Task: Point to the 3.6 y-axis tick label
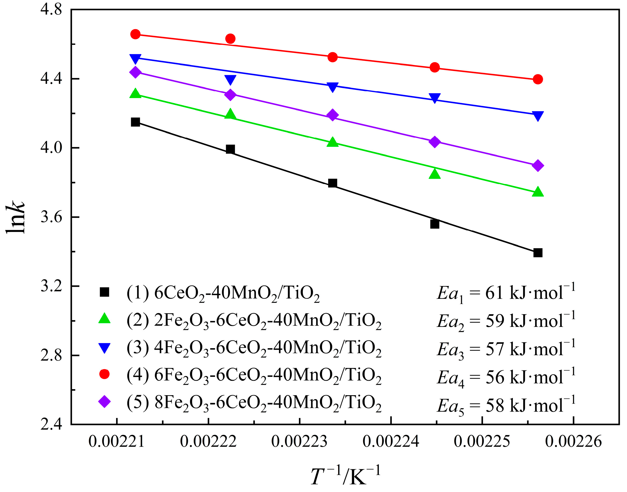coord(51,217)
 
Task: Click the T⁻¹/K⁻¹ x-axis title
coord(345,476)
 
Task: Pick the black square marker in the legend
coord(104,292)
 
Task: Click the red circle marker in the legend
coord(104,374)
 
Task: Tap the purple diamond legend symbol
coord(104,402)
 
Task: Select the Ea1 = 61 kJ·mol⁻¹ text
coord(506,293)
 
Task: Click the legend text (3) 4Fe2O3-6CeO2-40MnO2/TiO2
coord(253,348)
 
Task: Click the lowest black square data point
coord(538,253)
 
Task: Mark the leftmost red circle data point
coord(135,34)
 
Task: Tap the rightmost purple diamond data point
coord(538,166)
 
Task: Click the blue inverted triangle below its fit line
coord(230,80)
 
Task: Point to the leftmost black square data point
coord(135,122)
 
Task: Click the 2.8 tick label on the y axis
coord(51,355)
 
